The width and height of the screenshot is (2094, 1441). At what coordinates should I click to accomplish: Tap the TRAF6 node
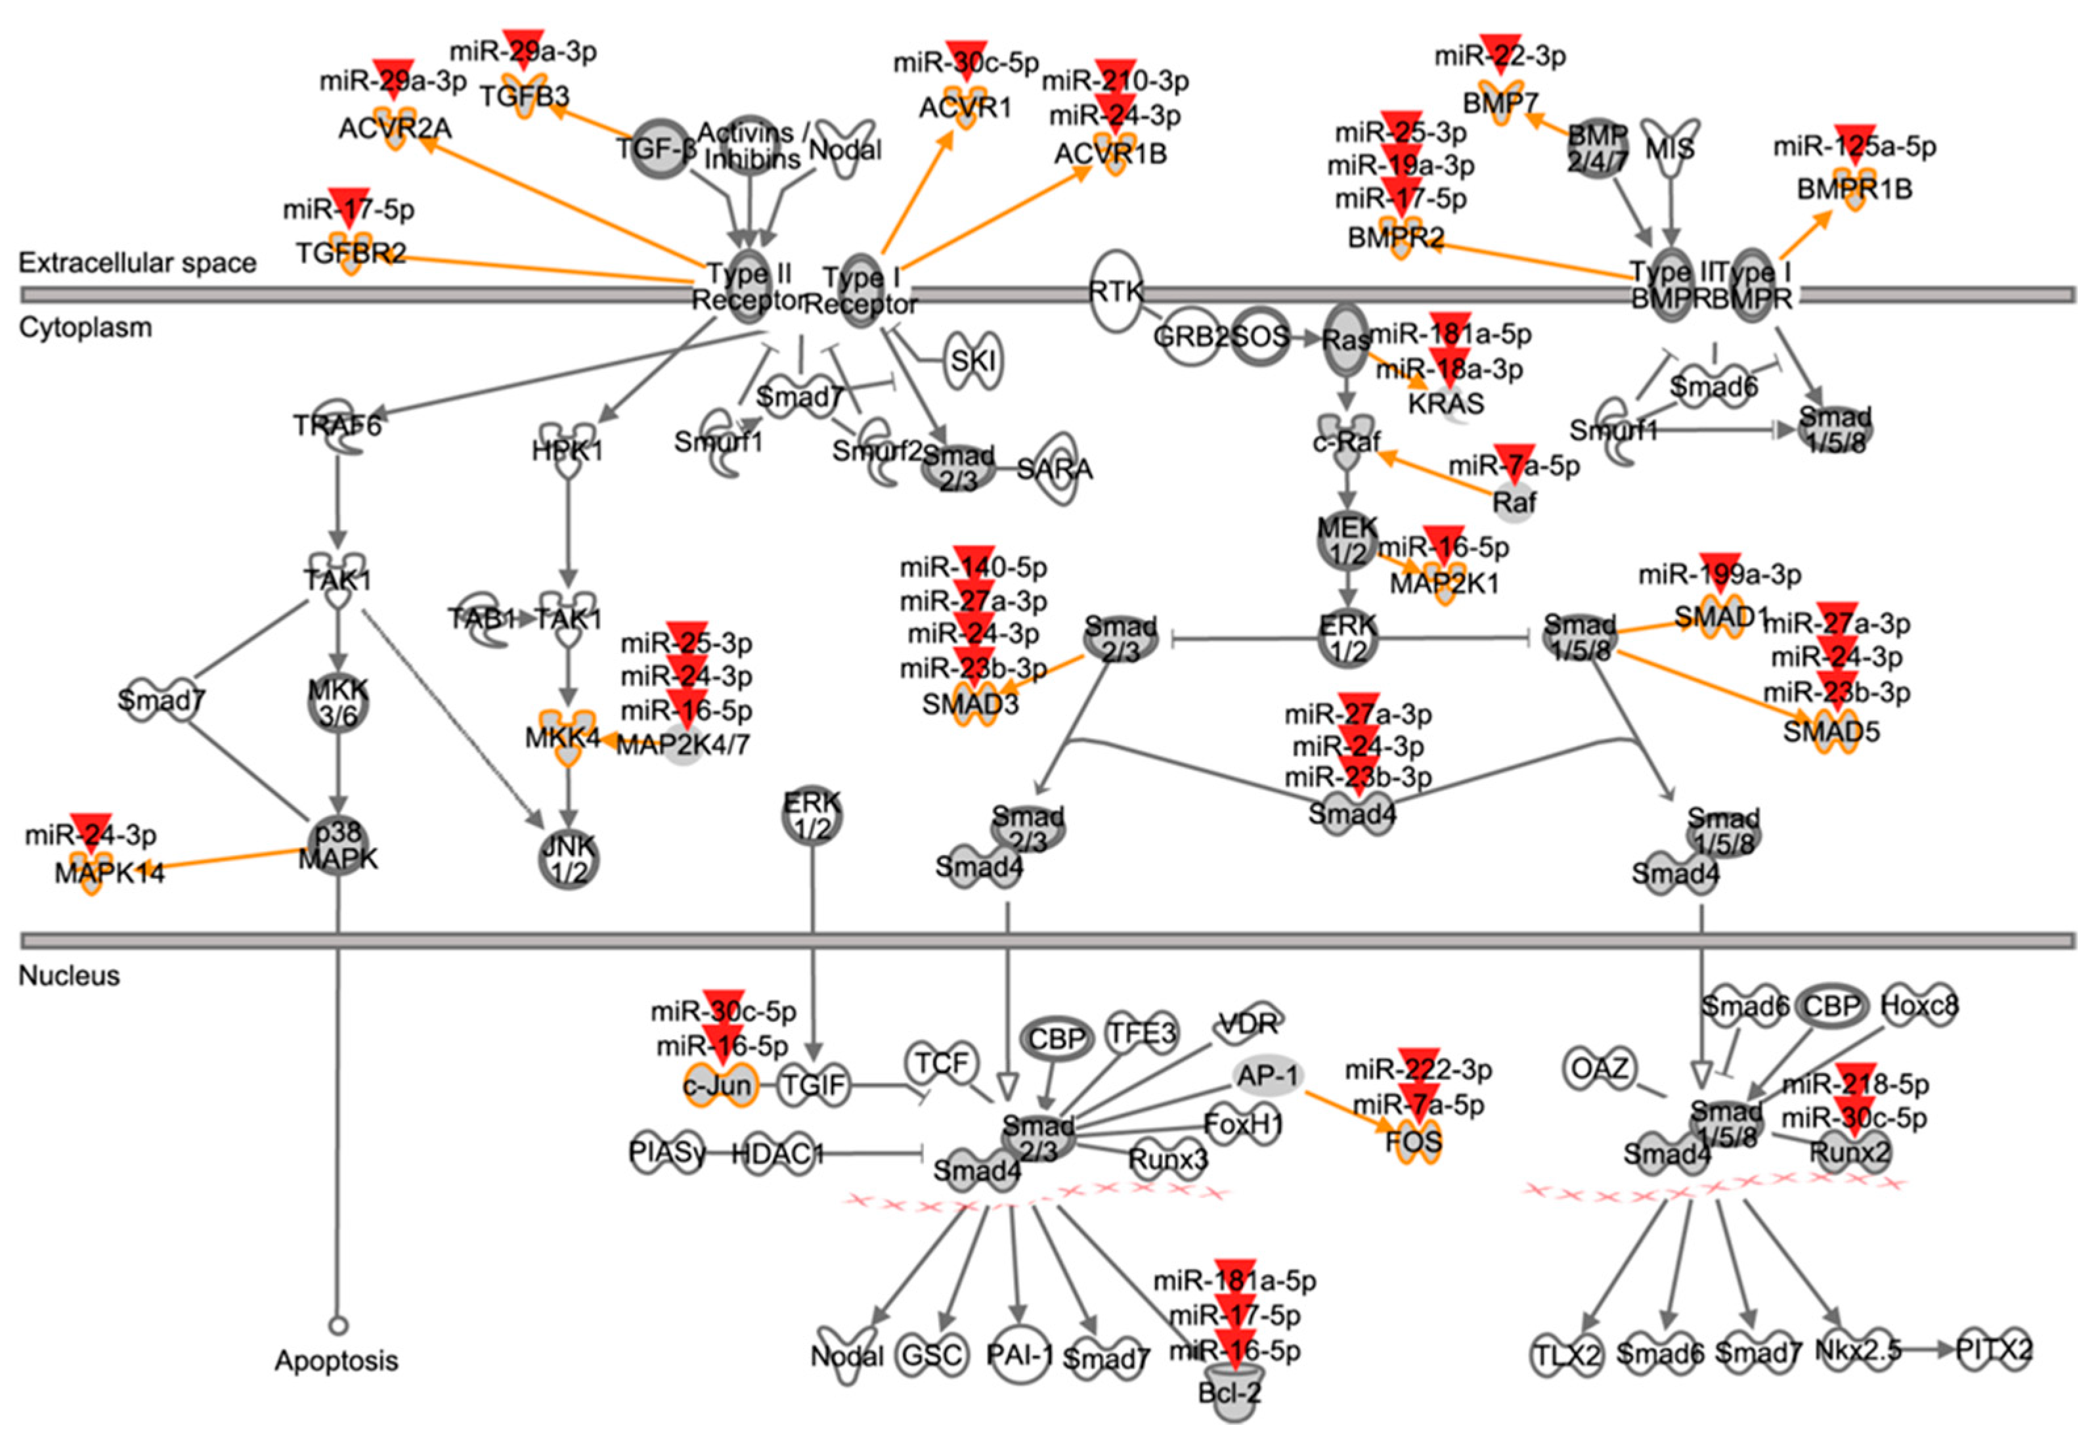click(x=338, y=424)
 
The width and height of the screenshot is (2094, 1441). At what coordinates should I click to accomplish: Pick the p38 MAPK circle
click(x=338, y=846)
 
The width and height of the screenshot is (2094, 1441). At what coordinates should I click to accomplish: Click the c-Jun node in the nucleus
click(x=718, y=1084)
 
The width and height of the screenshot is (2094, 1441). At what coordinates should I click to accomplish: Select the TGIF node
click(x=813, y=1084)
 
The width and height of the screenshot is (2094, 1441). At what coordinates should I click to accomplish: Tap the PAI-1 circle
click(x=1020, y=1355)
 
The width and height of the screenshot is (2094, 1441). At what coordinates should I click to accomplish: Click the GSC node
click(x=932, y=1355)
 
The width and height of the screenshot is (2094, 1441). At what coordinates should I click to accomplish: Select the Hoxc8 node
click(x=1919, y=1005)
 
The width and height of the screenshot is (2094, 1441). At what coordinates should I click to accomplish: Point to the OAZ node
click(x=1600, y=1069)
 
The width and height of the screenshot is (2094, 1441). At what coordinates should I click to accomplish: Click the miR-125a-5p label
click(x=1855, y=146)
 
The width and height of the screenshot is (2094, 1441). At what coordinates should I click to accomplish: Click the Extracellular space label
click(x=137, y=263)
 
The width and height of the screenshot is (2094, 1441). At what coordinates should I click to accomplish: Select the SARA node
click(x=1054, y=470)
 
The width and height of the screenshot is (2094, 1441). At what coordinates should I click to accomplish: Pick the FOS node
click(x=1414, y=1142)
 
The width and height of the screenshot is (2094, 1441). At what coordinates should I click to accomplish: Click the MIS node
click(x=1670, y=147)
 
